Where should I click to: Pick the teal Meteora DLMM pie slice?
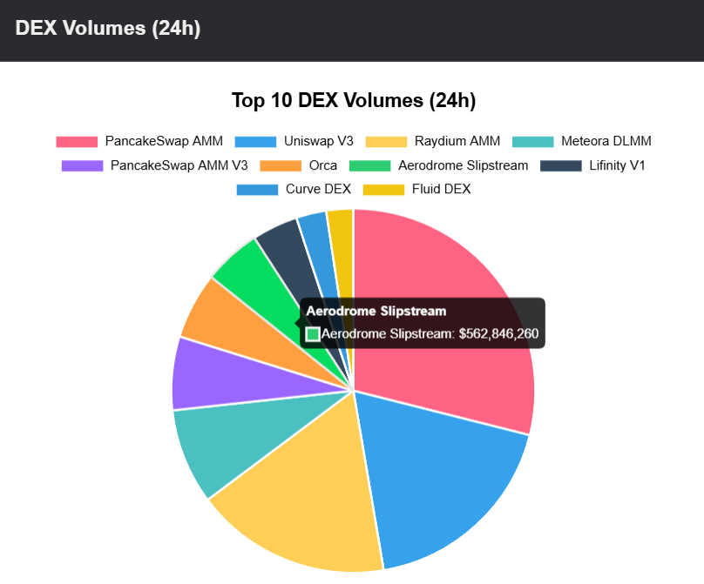[213, 444]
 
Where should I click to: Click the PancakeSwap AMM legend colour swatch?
[77, 141]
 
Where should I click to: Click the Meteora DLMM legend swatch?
[533, 141]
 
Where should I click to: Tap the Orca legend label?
[322, 165]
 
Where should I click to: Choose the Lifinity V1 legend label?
[617, 165]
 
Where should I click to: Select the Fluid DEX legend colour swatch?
[383, 189]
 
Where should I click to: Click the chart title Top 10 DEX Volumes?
[353, 100]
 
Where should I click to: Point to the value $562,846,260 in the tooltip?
[498, 333]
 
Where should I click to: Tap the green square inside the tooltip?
[313, 333]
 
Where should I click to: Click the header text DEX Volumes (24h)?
[108, 28]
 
